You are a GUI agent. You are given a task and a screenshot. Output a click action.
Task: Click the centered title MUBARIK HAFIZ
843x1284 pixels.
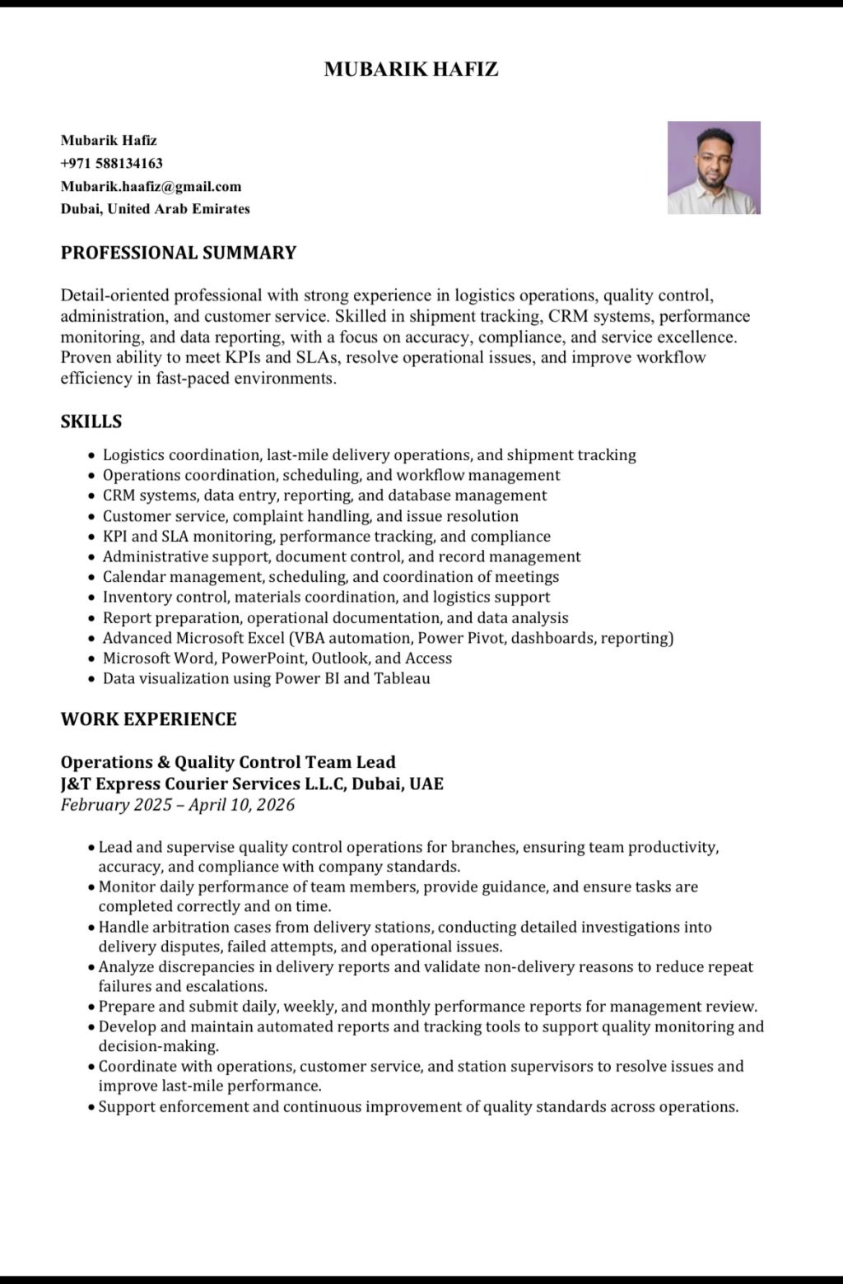point(411,69)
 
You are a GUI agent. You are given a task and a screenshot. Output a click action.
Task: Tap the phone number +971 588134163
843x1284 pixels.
point(111,163)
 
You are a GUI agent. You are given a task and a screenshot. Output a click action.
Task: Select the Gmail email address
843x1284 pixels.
point(151,186)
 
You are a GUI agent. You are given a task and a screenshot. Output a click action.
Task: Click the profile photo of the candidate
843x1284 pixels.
point(714,168)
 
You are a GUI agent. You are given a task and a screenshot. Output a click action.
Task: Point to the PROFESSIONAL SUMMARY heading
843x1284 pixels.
point(178,253)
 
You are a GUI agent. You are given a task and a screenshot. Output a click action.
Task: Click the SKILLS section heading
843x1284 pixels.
point(91,421)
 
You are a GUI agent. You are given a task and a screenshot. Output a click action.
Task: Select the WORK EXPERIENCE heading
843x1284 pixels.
point(148,719)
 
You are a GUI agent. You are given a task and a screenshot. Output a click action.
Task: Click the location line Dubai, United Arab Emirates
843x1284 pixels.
point(155,209)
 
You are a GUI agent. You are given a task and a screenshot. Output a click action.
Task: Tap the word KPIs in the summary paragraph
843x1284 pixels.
point(240,357)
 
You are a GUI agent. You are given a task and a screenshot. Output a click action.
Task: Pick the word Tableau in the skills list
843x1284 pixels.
point(402,679)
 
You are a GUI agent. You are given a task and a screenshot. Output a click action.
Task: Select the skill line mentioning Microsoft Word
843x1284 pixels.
point(277,658)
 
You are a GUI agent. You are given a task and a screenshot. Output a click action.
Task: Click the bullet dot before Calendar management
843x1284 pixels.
point(91,578)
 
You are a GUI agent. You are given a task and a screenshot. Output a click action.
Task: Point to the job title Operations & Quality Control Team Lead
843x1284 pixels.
point(228,762)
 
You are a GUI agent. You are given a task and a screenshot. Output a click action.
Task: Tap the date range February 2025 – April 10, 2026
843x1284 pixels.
point(177,805)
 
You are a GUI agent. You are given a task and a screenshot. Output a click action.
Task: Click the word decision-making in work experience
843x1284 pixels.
point(158,1047)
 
